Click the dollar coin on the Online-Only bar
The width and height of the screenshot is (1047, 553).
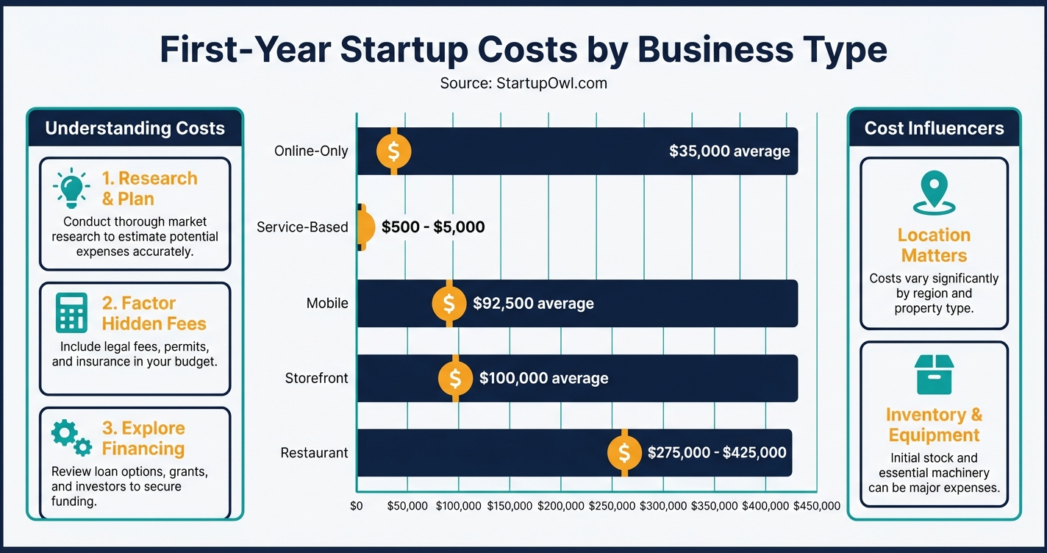393,151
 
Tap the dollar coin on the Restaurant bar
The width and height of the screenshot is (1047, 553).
624,453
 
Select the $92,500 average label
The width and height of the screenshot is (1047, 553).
533,303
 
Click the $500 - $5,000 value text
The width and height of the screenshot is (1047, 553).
433,227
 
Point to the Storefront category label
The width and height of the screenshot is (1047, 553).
316,379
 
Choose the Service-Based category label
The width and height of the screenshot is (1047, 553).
302,227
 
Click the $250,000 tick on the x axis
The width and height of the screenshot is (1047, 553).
612,506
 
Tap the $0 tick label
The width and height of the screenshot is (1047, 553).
357,506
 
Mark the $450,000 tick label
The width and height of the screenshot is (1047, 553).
816,506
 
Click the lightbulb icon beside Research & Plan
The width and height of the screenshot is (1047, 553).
71,188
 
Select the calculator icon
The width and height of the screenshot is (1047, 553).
71,313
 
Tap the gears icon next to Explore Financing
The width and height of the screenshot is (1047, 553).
71,438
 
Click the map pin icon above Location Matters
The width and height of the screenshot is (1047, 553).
933,193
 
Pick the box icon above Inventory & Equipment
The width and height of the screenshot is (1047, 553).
933,374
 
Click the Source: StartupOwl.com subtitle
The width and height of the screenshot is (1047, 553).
523,83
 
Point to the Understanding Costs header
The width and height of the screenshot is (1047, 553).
135,129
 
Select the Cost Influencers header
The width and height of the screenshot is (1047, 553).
934,129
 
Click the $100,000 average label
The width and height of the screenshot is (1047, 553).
543,379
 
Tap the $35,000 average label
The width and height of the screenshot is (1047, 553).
729,151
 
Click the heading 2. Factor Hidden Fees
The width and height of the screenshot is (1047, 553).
154,313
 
